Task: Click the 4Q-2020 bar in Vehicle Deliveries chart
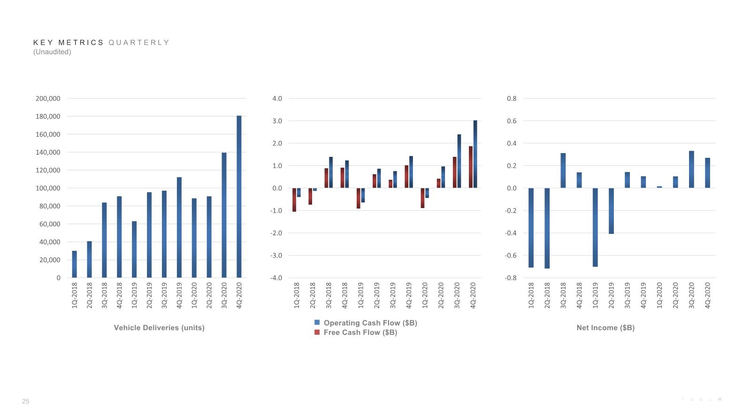(x=239, y=196)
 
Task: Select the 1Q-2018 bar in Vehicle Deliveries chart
(x=74, y=264)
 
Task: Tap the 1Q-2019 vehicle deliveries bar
(x=134, y=249)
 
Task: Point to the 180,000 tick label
(x=48, y=116)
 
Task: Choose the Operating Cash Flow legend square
(x=317, y=322)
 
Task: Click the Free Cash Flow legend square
(x=317, y=333)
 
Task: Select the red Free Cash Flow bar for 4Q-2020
(x=471, y=167)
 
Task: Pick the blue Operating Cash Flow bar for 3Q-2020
(x=459, y=161)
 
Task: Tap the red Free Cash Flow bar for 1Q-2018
(x=294, y=200)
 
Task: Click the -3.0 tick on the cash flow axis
(x=276, y=255)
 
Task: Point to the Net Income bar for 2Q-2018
(x=547, y=228)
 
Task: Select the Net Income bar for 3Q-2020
(x=691, y=170)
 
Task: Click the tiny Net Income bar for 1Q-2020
(x=659, y=187)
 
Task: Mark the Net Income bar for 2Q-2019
(x=611, y=211)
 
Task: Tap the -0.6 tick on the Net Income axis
(x=511, y=255)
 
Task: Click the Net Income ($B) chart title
(x=605, y=328)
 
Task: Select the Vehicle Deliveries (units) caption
(x=159, y=328)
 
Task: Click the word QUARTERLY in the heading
(x=139, y=42)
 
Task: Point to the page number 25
(x=25, y=402)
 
